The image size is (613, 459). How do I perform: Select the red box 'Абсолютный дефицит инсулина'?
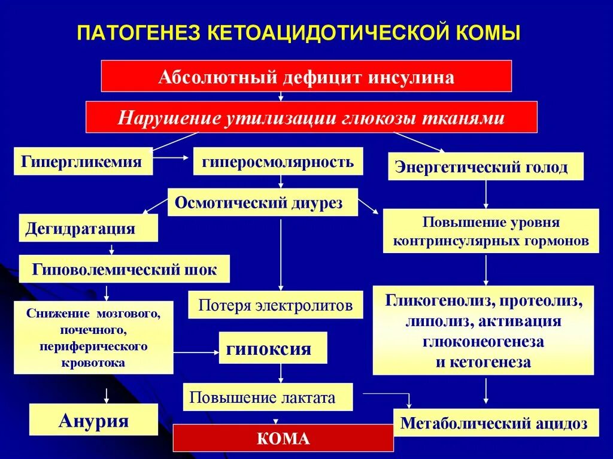(x=306, y=76)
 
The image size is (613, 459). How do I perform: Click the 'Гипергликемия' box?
(x=83, y=162)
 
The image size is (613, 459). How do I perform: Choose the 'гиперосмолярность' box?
(x=278, y=162)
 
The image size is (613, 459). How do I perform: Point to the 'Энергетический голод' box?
(x=485, y=166)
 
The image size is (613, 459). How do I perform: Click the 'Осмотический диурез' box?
(x=262, y=202)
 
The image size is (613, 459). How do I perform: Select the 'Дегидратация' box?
(x=88, y=228)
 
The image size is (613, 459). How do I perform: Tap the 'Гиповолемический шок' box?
(x=124, y=269)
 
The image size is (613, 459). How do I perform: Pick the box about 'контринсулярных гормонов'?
(x=490, y=231)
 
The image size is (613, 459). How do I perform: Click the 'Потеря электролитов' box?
(x=275, y=305)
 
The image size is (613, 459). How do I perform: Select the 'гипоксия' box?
(x=272, y=348)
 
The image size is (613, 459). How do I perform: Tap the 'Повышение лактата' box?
(x=267, y=397)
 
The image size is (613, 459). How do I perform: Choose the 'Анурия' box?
(x=93, y=420)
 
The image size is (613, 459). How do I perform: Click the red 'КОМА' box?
(x=283, y=438)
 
